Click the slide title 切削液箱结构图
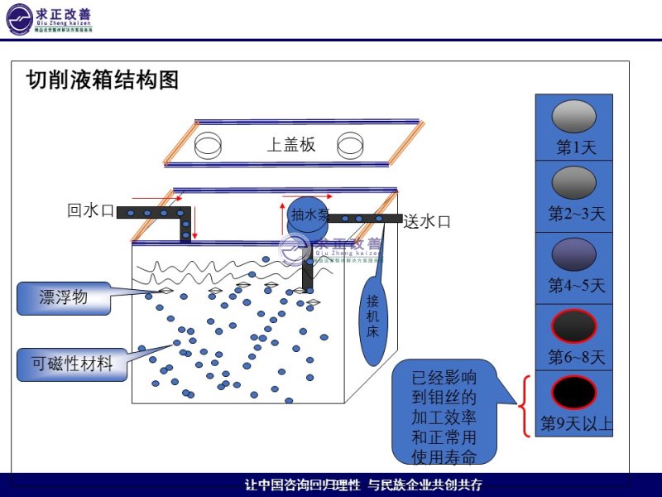pos(103,80)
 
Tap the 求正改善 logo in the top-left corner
pos(50,18)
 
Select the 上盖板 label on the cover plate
pos(290,144)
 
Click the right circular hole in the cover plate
pos(351,146)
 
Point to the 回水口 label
pos(90,210)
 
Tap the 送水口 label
pos(427,221)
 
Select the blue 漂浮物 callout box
pos(63,297)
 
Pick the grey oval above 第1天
pos(573,117)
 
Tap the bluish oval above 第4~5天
pos(573,253)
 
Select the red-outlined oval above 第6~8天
pos(573,326)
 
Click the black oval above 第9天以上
pos(573,392)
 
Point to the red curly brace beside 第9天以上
pos(524,406)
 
